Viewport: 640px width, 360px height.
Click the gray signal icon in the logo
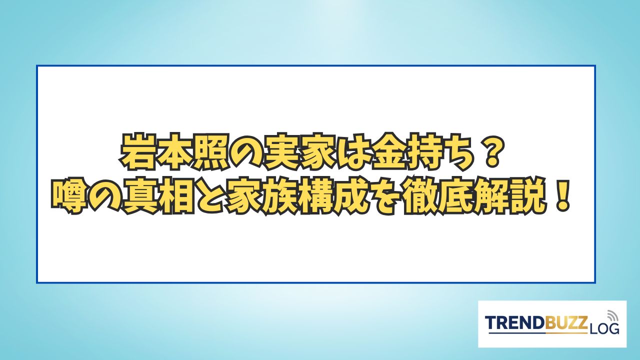tap(611, 316)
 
